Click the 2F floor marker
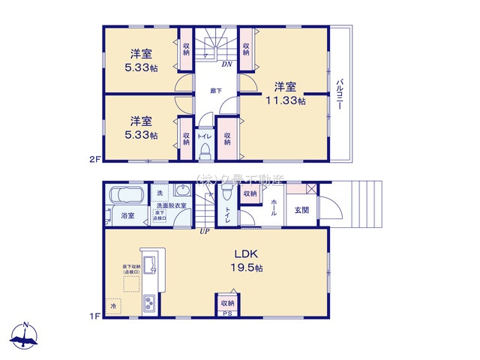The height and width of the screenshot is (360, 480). tap(94, 159)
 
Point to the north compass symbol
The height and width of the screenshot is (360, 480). tap(26, 337)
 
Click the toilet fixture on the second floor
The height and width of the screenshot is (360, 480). tap(204, 151)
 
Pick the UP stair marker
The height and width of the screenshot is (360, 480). tap(203, 230)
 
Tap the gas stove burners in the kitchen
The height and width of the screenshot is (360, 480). tap(149, 304)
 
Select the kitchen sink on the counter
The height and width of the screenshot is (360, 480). tap(148, 263)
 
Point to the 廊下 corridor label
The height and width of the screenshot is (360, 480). tap(216, 90)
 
